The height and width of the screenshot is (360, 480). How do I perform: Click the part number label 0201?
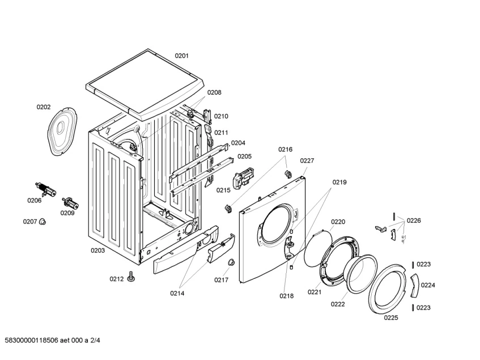click(x=181, y=56)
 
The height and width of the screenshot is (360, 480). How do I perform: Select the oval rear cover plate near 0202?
click(x=62, y=131)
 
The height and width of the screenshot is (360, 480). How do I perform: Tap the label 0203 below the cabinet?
click(x=97, y=251)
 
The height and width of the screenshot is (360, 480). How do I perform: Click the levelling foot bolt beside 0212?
click(x=131, y=277)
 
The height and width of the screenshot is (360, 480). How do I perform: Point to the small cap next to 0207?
click(x=43, y=221)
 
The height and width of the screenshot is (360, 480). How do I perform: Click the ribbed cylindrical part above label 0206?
click(x=46, y=190)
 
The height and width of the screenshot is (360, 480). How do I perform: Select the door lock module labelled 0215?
click(x=243, y=179)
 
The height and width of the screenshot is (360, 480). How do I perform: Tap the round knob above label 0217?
click(x=231, y=262)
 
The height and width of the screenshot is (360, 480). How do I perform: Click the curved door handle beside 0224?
click(x=415, y=285)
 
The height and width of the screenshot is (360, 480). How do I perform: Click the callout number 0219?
click(x=339, y=183)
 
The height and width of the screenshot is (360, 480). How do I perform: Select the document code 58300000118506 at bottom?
click(x=32, y=340)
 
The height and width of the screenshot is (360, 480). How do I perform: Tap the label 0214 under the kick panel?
click(x=177, y=294)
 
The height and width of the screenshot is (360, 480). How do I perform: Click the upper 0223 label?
click(x=424, y=264)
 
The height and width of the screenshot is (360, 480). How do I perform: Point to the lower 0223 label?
click(x=424, y=308)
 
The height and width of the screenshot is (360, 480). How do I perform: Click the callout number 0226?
click(x=414, y=221)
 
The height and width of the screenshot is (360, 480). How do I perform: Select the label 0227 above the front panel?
click(x=307, y=160)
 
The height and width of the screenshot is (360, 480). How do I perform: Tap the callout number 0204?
click(x=238, y=143)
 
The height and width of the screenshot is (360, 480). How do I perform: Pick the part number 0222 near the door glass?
click(x=338, y=304)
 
